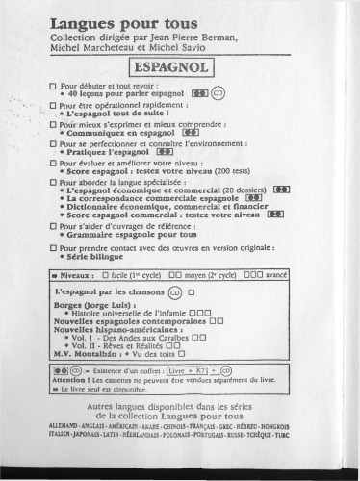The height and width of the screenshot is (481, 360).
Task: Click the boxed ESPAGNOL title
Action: pos(179,68)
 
